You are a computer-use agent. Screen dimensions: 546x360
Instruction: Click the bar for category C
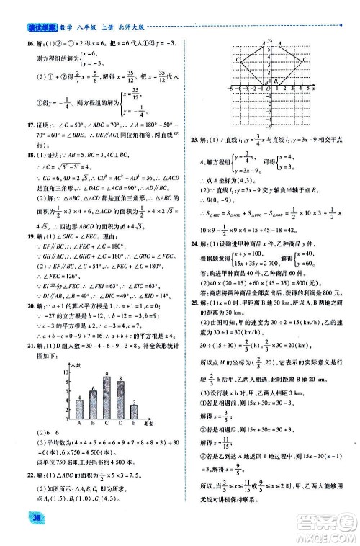tap(107, 396)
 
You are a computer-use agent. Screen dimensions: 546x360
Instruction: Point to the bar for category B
tap(92, 403)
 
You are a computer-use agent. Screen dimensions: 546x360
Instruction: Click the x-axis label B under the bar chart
tap(92, 424)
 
